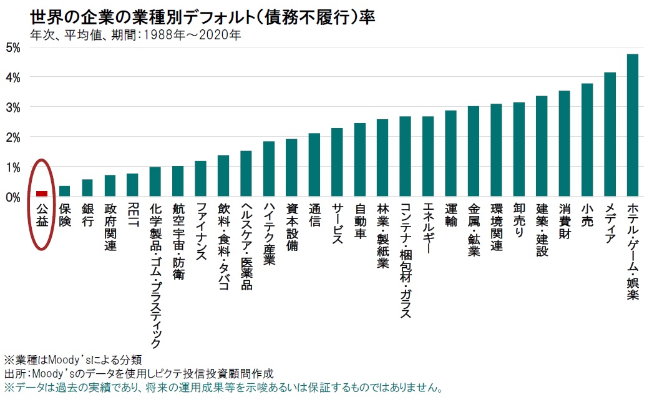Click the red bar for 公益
(42, 194)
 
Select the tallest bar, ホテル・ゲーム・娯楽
(632, 125)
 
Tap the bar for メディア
(610, 134)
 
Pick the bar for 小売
(587, 140)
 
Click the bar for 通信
(314, 165)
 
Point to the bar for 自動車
(359, 160)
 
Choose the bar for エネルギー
(427, 156)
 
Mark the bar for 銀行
(87, 188)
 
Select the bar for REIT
(132, 185)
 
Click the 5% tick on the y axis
(12, 47)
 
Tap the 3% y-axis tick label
(12, 107)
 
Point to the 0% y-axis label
(12, 197)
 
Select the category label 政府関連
(110, 227)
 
